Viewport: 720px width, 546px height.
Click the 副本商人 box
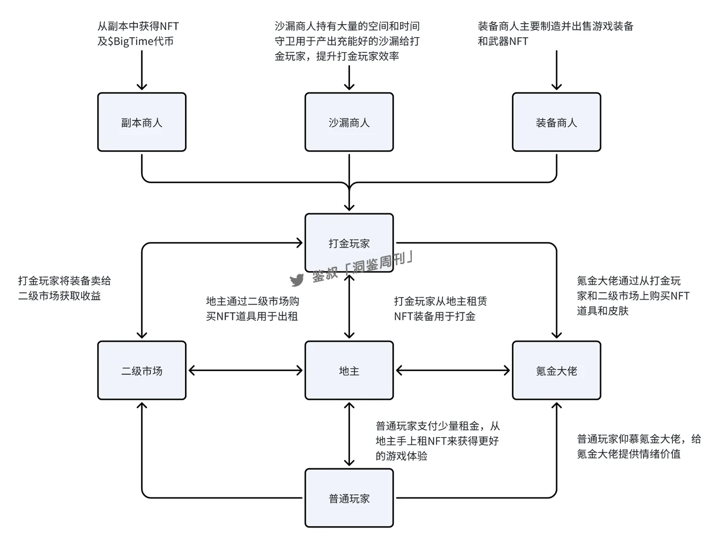(x=142, y=122)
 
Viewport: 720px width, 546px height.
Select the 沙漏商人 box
(x=349, y=122)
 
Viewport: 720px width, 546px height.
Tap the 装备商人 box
(x=556, y=122)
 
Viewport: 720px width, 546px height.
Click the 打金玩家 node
(x=349, y=243)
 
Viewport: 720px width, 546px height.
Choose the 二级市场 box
(x=142, y=370)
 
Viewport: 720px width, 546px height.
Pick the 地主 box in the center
(x=349, y=370)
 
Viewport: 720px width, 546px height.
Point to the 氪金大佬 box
(x=556, y=370)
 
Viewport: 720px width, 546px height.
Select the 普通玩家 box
(x=349, y=498)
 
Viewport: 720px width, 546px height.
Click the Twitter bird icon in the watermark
(x=296, y=280)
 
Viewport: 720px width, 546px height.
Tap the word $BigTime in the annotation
(x=129, y=41)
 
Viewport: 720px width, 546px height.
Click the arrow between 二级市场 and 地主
(x=245, y=370)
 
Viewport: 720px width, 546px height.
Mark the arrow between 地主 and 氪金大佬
(x=453, y=370)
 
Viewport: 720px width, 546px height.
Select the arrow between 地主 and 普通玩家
(x=349, y=434)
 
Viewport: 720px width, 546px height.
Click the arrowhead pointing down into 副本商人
(x=142, y=86)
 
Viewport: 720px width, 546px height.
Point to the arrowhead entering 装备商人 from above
(x=556, y=86)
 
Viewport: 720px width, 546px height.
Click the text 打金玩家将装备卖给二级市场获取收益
(x=64, y=288)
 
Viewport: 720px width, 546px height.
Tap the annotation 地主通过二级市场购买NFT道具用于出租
(x=252, y=308)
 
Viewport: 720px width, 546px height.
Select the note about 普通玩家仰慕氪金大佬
(x=638, y=446)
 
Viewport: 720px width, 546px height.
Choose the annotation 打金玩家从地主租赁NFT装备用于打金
(x=440, y=308)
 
